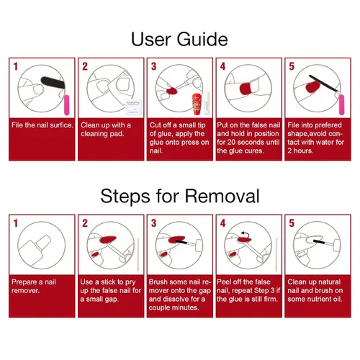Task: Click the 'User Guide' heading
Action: (179, 40)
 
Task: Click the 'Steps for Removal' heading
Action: (180, 196)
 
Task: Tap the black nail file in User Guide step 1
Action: (53, 82)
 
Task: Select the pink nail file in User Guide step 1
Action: (66, 105)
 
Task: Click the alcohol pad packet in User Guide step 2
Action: (134, 107)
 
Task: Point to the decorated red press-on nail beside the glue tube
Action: (197, 104)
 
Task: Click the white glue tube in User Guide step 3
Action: (207, 103)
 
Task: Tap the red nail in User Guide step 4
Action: (246, 89)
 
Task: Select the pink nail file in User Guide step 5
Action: (341, 105)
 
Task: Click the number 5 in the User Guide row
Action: (292, 66)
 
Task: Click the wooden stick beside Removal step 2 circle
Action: (138, 255)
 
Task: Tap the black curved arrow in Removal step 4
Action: (246, 234)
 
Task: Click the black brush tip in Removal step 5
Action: (318, 241)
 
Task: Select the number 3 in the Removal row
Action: (154, 223)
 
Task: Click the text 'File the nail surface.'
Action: (42, 125)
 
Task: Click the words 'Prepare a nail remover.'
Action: (34, 286)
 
